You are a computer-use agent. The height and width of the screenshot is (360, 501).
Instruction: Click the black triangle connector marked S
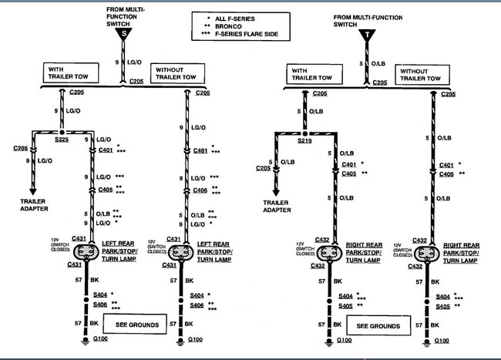pyautogui.click(x=123, y=33)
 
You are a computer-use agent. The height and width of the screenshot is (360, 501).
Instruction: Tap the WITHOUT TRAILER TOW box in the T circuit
pyautogui.click(x=421, y=75)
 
